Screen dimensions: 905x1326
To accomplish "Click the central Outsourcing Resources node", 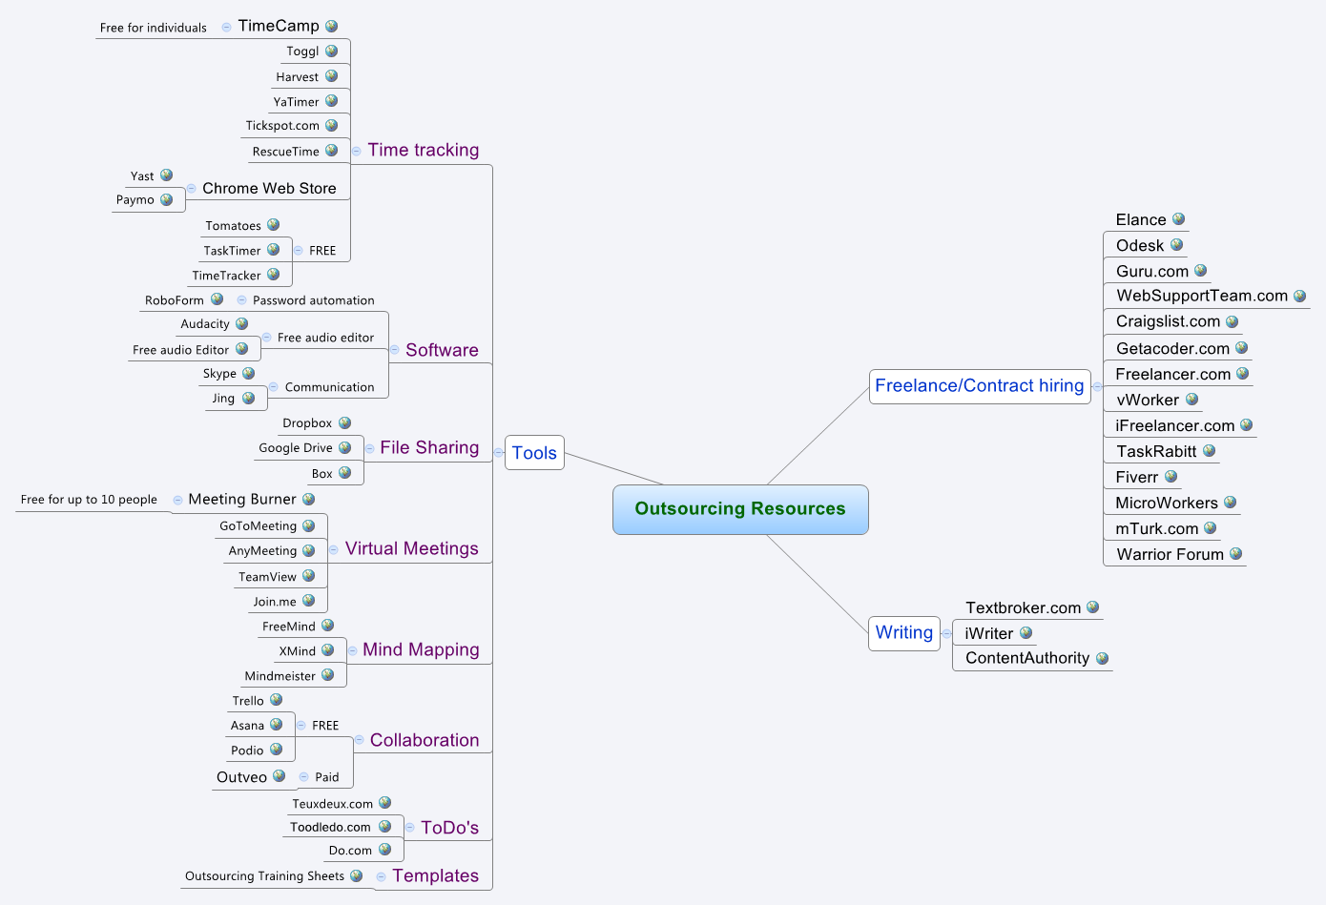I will (x=739, y=509).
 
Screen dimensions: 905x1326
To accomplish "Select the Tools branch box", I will (x=534, y=453).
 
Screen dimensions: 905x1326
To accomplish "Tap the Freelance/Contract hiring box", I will (x=979, y=386).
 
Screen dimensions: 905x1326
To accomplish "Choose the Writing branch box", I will (x=903, y=633).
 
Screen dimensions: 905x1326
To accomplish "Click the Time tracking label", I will (x=424, y=150).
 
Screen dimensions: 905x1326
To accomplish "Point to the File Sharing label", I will (x=429, y=447).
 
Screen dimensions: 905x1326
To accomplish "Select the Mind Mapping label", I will (x=421, y=649).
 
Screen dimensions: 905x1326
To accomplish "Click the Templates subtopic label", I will (x=435, y=875).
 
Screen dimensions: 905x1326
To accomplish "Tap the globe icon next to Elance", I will (x=1178, y=219).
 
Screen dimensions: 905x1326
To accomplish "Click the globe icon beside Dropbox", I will (x=344, y=422).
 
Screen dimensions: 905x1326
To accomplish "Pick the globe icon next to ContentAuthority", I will (x=1102, y=658).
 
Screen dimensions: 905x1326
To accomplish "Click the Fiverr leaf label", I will (x=1136, y=477).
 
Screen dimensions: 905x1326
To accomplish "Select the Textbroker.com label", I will (x=1023, y=607).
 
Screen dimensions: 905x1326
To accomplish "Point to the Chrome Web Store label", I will (x=269, y=188).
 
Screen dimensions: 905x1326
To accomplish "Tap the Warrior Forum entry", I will (x=1170, y=554).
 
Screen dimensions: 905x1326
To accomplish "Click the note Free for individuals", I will (x=153, y=28).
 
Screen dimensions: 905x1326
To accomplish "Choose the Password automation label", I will (x=313, y=300).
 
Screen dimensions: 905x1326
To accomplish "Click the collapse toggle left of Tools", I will (x=498, y=453).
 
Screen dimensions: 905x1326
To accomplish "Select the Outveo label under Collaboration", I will (x=241, y=777).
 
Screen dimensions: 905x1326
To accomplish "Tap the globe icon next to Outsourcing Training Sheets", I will (x=356, y=875).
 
